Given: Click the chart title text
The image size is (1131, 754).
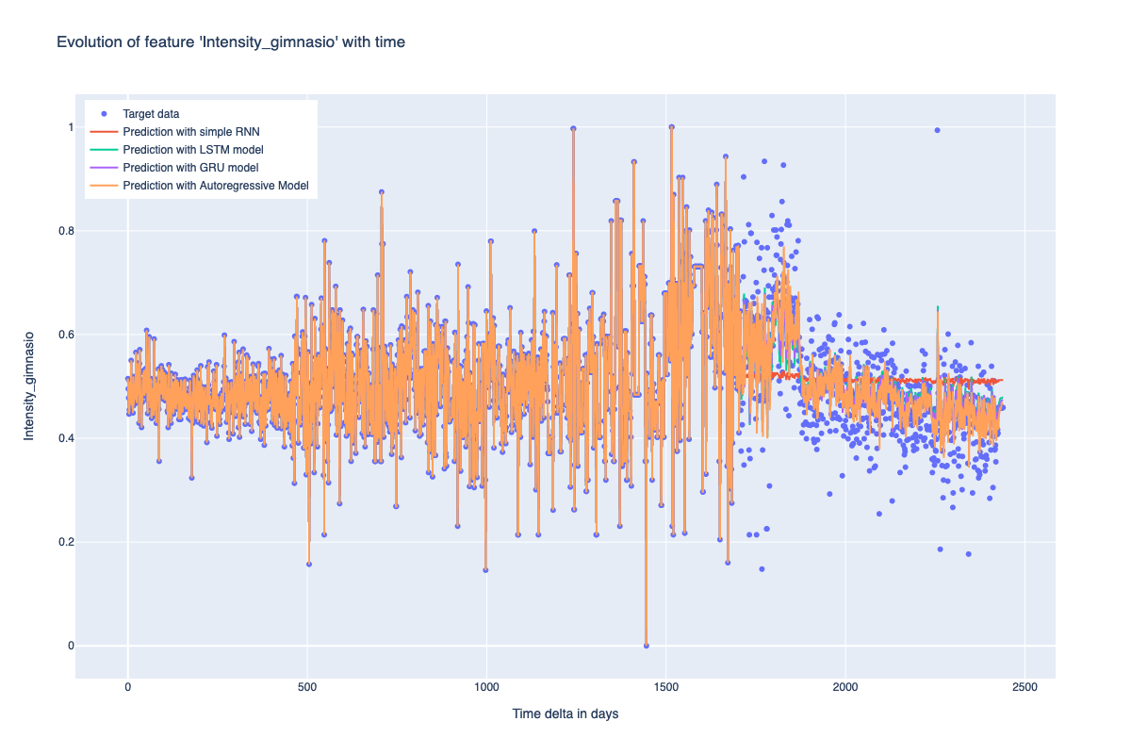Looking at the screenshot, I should (231, 42).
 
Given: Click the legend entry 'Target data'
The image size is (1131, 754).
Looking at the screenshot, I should (151, 114).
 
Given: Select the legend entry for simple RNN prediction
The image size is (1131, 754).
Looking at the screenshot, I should (191, 132).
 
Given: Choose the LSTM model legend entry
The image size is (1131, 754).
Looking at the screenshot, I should (192, 150).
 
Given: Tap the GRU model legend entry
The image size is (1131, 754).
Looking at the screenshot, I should (190, 168).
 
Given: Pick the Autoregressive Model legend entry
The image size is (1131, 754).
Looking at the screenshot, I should (216, 186).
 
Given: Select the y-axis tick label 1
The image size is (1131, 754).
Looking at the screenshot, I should (67, 127).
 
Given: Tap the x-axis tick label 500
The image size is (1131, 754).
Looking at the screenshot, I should (307, 688).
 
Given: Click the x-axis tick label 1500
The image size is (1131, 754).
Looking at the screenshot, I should (666, 688).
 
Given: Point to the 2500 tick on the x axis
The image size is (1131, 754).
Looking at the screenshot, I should (1025, 688).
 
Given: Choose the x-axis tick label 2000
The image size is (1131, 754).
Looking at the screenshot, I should (845, 688).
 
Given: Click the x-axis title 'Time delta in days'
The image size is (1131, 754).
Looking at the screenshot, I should (565, 714).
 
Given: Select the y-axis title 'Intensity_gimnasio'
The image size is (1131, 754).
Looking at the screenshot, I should (29, 385).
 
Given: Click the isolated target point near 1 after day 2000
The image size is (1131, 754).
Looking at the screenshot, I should (937, 130).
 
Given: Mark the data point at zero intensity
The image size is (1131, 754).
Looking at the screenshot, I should (646, 646).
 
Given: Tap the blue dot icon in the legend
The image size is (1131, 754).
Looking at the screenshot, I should (104, 114).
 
